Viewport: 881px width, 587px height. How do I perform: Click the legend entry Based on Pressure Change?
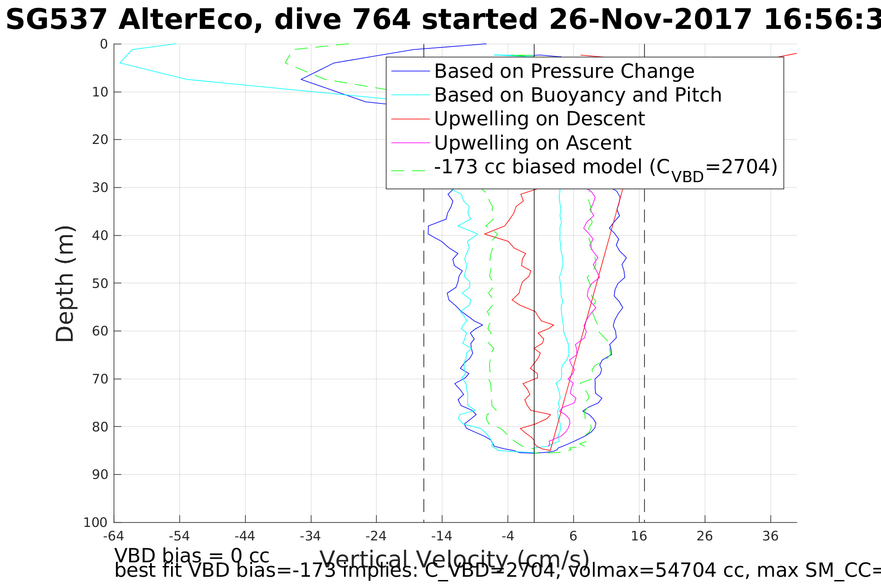pyautogui.click(x=564, y=71)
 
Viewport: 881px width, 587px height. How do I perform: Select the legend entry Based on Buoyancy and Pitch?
pyautogui.click(x=578, y=95)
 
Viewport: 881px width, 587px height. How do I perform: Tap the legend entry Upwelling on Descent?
pyautogui.click(x=539, y=119)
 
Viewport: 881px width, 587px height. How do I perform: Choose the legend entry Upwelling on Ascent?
pyautogui.click(x=532, y=143)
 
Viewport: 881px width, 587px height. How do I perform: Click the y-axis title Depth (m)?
pyautogui.click(x=65, y=284)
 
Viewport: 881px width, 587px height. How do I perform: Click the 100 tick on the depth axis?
pyautogui.click(x=96, y=522)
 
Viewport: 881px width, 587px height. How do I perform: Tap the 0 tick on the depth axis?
pyautogui.click(x=104, y=44)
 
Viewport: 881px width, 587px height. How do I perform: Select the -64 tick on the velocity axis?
pyautogui.click(x=114, y=536)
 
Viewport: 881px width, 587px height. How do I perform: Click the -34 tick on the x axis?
pyautogui.click(x=310, y=536)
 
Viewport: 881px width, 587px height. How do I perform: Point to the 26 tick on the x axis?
pyautogui.click(x=705, y=536)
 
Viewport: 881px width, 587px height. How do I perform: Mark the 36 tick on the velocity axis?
pyautogui.click(x=771, y=536)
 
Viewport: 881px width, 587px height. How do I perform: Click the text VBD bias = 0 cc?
pyautogui.click(x=192, y=556)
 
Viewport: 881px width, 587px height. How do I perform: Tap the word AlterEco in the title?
pyautogui.click(x=191, y=20)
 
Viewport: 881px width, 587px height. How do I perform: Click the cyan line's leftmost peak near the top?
pyautogui.click(x=120, y=62)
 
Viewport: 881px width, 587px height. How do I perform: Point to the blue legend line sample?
pyautogui.click(x=410, y=71)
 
